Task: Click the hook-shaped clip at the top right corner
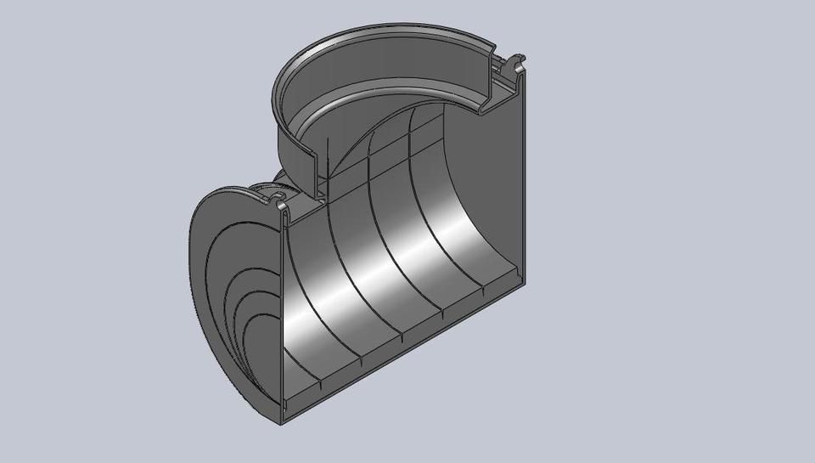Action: [515, 65]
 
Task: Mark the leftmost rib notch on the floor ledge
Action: [323, 387]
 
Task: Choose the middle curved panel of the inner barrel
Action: [382, 263]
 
